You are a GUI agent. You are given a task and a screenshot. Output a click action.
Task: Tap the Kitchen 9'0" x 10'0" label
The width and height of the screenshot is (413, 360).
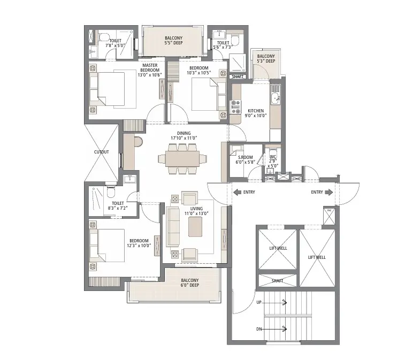click(256, 113)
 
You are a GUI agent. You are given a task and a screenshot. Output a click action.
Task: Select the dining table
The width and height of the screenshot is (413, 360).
click(182, 159)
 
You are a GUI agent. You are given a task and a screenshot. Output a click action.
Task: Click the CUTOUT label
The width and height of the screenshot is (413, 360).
click(102, 152)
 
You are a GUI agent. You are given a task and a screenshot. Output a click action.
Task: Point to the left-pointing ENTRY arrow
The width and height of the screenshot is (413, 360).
click(238, 192)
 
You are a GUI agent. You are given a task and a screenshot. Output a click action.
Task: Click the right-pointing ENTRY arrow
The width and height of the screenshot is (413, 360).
click(328, 192)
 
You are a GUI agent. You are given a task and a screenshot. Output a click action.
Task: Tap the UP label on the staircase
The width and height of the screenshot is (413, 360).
click(259, 302)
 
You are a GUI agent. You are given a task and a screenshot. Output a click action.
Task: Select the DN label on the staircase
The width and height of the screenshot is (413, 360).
click(259, 329)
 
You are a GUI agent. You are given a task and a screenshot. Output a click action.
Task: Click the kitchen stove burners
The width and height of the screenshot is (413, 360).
click(236, 107)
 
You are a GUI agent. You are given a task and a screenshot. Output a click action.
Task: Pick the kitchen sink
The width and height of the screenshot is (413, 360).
click(276, 98)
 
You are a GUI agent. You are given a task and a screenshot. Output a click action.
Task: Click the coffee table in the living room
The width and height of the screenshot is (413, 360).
click(195, 227)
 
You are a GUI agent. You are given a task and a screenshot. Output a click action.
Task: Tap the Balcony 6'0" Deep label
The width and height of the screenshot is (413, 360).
click(189, 282)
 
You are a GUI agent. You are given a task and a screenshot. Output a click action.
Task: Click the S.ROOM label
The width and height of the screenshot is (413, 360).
click(245, 157)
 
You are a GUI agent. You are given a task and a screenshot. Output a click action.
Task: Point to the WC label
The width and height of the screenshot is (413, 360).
click(273, 157)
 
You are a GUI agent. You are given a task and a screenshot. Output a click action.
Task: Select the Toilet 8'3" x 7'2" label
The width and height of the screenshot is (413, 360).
click(118, 205)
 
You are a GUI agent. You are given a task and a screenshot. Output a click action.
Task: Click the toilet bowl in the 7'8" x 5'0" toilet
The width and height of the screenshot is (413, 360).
click(104, 37)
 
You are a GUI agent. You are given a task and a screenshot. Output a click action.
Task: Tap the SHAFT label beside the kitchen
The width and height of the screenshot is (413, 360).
click(238, 76)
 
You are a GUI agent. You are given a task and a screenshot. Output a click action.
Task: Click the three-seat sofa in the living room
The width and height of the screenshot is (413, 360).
click(172, 227)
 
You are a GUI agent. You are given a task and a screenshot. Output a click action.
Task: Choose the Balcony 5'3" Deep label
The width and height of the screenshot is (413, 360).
click(266, 58)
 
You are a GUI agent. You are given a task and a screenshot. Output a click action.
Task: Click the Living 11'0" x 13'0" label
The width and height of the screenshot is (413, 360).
click(196, 211)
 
